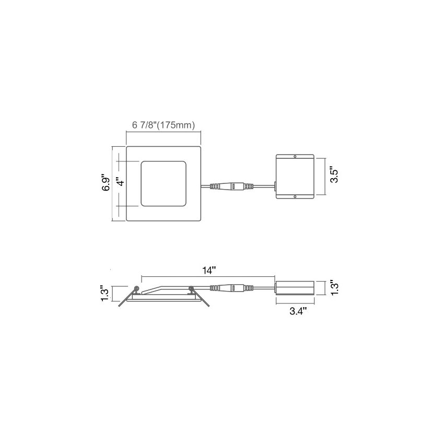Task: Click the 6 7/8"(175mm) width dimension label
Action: pyautogui.click(x=163, y=125)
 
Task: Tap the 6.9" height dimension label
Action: pyautogui.click(x=107, y=182)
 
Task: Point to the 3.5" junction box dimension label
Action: pyautogui.click(x=334, y=176)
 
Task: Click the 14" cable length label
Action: pyautogui.click(x=209, y=271)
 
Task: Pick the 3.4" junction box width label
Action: pyautogui.click(x=298, y=311)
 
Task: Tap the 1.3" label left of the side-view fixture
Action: pyautogui.click(x=106, y=294)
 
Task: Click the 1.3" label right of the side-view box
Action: pyautogui.click(x=334, y=288)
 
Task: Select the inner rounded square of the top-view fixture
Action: pyautogui.click(x=163, y=183)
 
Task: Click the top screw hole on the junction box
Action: pyautogui.click(x=295, y=156)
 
